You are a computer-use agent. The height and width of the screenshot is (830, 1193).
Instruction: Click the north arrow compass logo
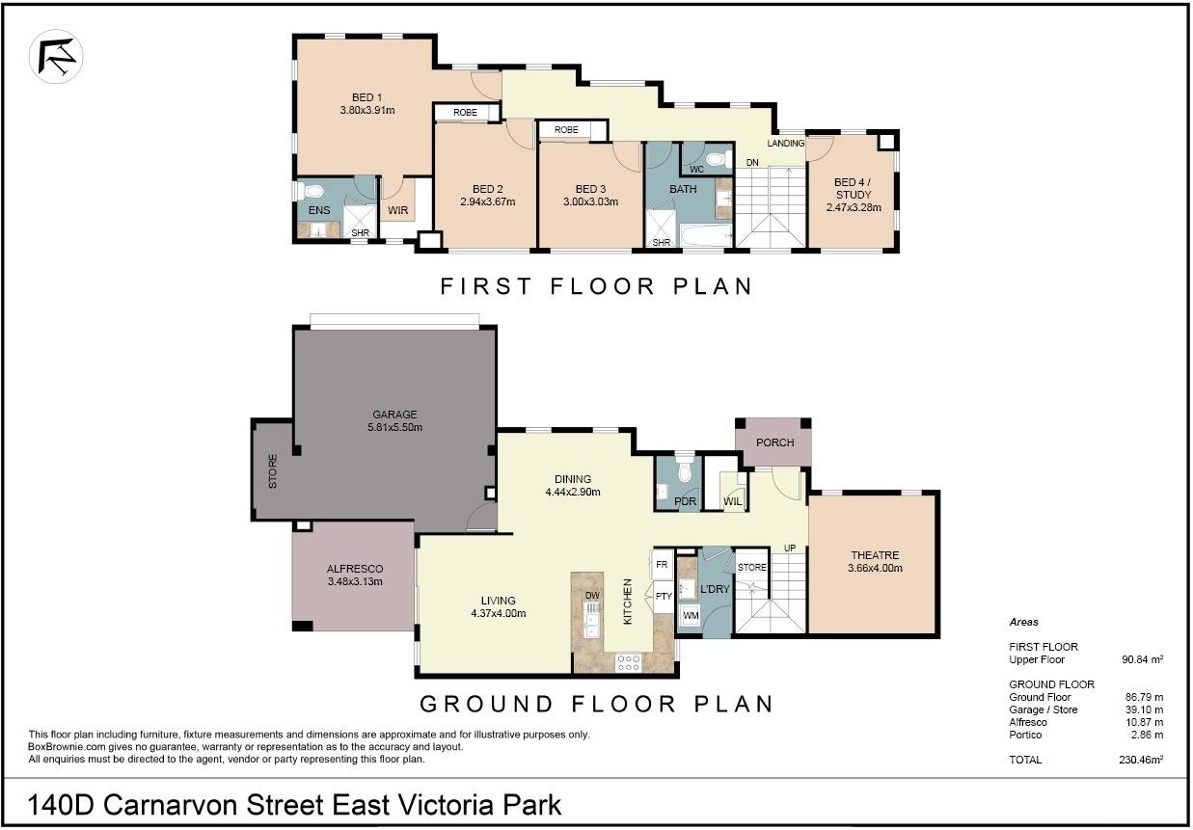[x=56, y=57]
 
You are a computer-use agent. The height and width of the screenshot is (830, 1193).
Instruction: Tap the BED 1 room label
[x=366, y=97]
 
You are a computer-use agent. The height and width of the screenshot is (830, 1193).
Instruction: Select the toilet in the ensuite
[x=312, y=190]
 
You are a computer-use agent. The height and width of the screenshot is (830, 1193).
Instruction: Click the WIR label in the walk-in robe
[x=398, y=210]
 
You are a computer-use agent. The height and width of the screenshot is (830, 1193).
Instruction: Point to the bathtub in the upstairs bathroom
[x=706, y=235]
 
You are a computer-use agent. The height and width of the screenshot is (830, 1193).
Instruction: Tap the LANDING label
[x=786, y=144]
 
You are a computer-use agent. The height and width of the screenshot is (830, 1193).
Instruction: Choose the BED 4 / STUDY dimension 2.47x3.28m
[x=854, y=207]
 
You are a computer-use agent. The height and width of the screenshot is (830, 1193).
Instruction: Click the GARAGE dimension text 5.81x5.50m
[x=394, y=427]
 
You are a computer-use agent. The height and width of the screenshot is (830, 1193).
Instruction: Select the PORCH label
[x=774, y=442]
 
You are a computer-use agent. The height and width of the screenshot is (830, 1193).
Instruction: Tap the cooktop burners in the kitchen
[x=629, y=663]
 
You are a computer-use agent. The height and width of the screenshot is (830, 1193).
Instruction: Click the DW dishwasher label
[x=592, y=595]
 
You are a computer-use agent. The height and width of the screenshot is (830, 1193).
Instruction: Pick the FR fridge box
[x=662, y=564]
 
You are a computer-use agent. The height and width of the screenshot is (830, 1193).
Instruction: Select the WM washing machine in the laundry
[x=691, y=615]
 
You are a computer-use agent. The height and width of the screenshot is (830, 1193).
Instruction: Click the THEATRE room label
[x=875, y=555]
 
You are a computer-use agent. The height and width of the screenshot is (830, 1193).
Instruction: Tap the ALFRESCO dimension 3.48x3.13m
[x=355, y=581]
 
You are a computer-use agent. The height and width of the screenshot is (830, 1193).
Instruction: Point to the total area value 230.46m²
[x=1141, y=760]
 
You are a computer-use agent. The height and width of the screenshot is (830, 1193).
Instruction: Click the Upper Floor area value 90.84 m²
[x=1143, y=659]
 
